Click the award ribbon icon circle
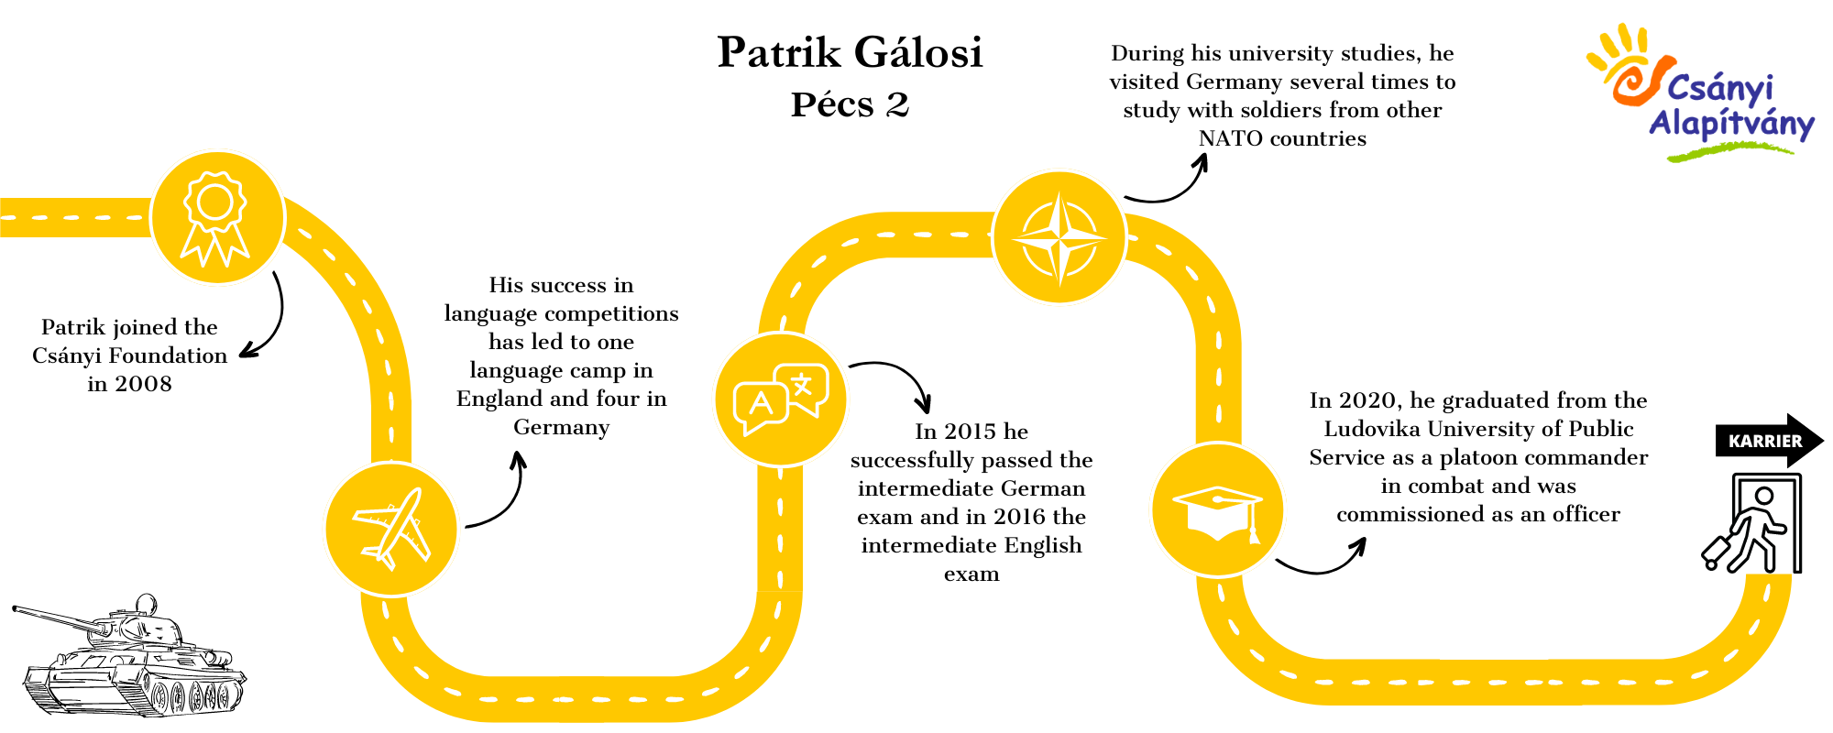click(x=217, y=218)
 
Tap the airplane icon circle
click(x=391, y=530)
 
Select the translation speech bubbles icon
click(x=781, y=400)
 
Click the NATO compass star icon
click(x=1059, y=237)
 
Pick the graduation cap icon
click(x=1218, y=512)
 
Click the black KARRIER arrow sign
click(x=1770, y=441)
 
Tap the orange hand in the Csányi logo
click(x=1627, y=64)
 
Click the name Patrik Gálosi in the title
click(x=850, y=52)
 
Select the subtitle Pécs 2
click(x=850, y=104)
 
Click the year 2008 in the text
click(x=143, y=384)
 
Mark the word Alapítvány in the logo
click(x=1731, y=124)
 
